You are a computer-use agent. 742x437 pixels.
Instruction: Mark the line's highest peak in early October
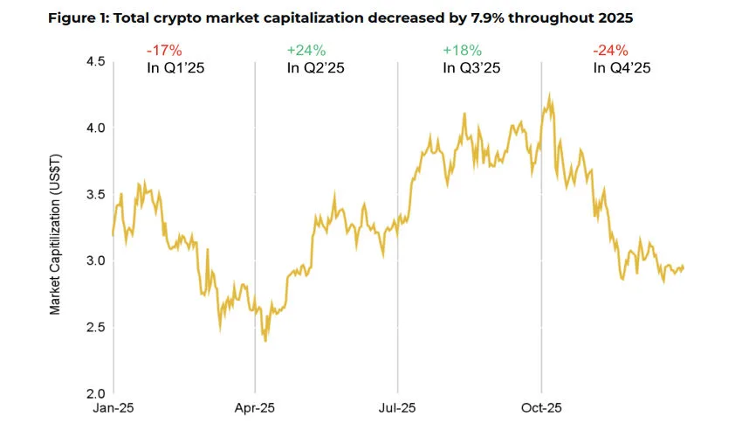click(x=549, y=94)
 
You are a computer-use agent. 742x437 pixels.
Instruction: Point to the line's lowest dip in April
click(x=265, y=340)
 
